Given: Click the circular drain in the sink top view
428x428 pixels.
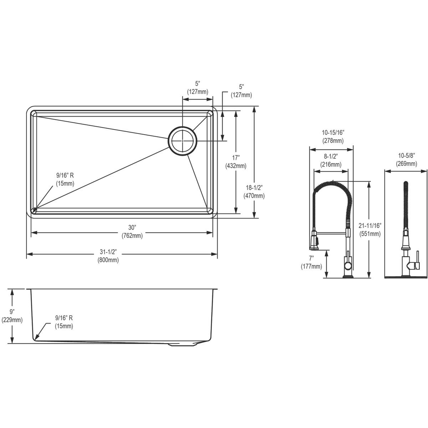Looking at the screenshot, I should click(x=183, y=141).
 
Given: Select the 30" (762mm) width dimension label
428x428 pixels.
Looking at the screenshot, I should click(x=132, y=232).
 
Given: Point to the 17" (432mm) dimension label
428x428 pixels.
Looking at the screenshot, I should click(x=236, y=162).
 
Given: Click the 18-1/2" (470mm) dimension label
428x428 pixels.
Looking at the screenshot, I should click(x=254, y=192).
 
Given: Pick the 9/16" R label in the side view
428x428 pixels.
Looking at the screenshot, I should click(x=64, y=322).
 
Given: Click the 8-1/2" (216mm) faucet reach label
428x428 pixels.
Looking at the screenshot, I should click(x=331, y=160).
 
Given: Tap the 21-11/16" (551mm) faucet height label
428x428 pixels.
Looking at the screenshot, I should click(x=370, y=230).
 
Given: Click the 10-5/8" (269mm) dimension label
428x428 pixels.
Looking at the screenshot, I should click(x=406, y=160).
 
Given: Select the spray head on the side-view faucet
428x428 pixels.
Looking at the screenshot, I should click(x=314, y=241).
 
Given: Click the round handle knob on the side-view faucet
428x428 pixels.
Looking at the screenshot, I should click(x=347, y=265).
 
